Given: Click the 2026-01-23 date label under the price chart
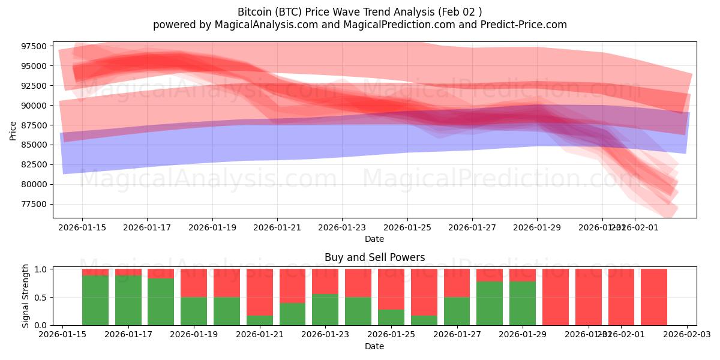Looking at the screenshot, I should click(x=341, y=228).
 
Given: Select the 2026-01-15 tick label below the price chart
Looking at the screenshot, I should click(x=82, y=228).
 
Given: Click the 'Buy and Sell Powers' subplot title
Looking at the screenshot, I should click(x=374, y=257).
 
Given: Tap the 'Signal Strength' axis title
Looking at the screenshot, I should click(x=25, y=296).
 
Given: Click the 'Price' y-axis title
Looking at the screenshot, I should click(x=13, y=130).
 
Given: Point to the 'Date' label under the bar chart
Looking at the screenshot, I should click(x=374, y=346).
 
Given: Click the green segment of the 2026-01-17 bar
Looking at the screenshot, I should click(x=128, y=300).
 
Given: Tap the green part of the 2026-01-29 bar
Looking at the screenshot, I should click(x=523, y=303).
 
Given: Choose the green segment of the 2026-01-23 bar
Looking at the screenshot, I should click(x=325, y=310).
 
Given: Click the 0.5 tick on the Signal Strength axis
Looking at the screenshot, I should click(x=42, y=298).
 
